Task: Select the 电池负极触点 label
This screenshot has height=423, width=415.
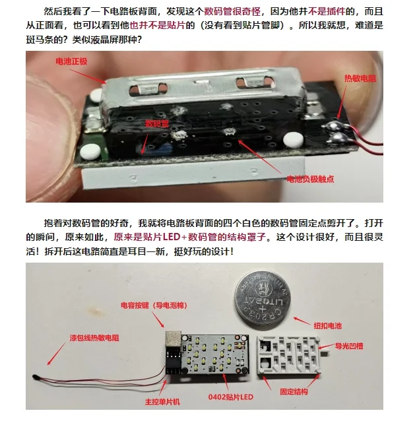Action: tap(309, 178)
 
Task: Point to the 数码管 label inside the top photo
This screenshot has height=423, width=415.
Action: tap(156, 123)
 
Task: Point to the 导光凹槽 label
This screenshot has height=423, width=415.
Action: tap(353, 344)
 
